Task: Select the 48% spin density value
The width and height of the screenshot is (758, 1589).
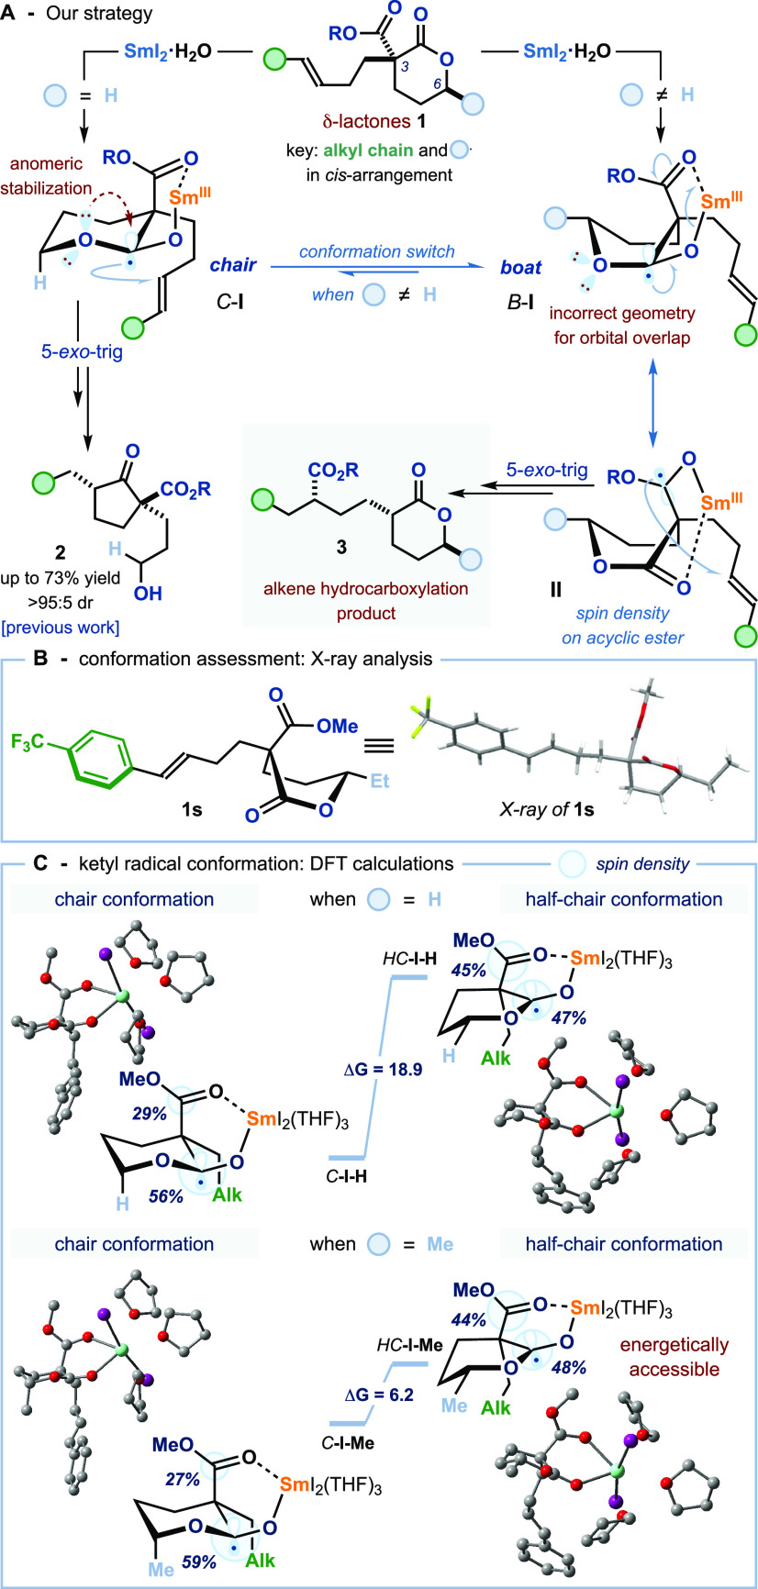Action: [x=568, y=1367]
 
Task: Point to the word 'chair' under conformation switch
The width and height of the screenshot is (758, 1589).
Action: [x=234, y=266]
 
